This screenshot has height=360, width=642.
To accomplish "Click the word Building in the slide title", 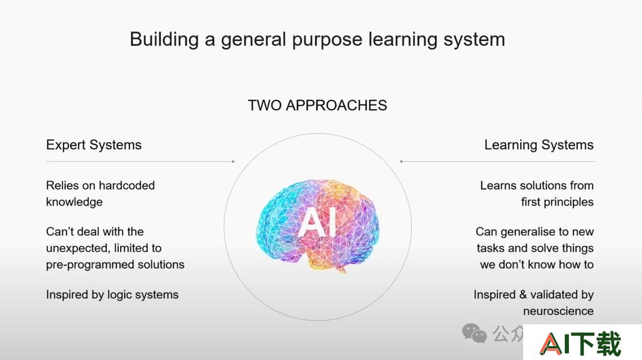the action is (x=164, y=40).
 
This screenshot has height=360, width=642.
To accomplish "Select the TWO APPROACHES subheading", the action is (x=317, y=105).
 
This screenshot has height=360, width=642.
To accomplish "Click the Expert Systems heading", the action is (x=94, y=145).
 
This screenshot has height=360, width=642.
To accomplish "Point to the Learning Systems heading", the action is (x=539, y=145).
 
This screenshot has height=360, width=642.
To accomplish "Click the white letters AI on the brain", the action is (x=318, y=222).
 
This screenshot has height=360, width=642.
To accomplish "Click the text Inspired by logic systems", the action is (x=112, y=295).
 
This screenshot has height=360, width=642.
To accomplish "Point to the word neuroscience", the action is (x=558, y=311).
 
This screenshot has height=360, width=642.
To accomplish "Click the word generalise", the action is (x=529, y=232).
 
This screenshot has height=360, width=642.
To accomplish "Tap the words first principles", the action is (x=557, y=202).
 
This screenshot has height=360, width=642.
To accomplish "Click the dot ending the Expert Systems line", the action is (x=233, y=162).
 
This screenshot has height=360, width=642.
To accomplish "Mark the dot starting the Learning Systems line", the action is (x=401, y=162).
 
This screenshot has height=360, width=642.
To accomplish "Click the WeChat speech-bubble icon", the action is (x=474, y=333).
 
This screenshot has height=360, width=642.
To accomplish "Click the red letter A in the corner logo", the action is (x=550, y=343).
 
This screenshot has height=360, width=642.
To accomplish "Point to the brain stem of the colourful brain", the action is (x=341, y=269).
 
